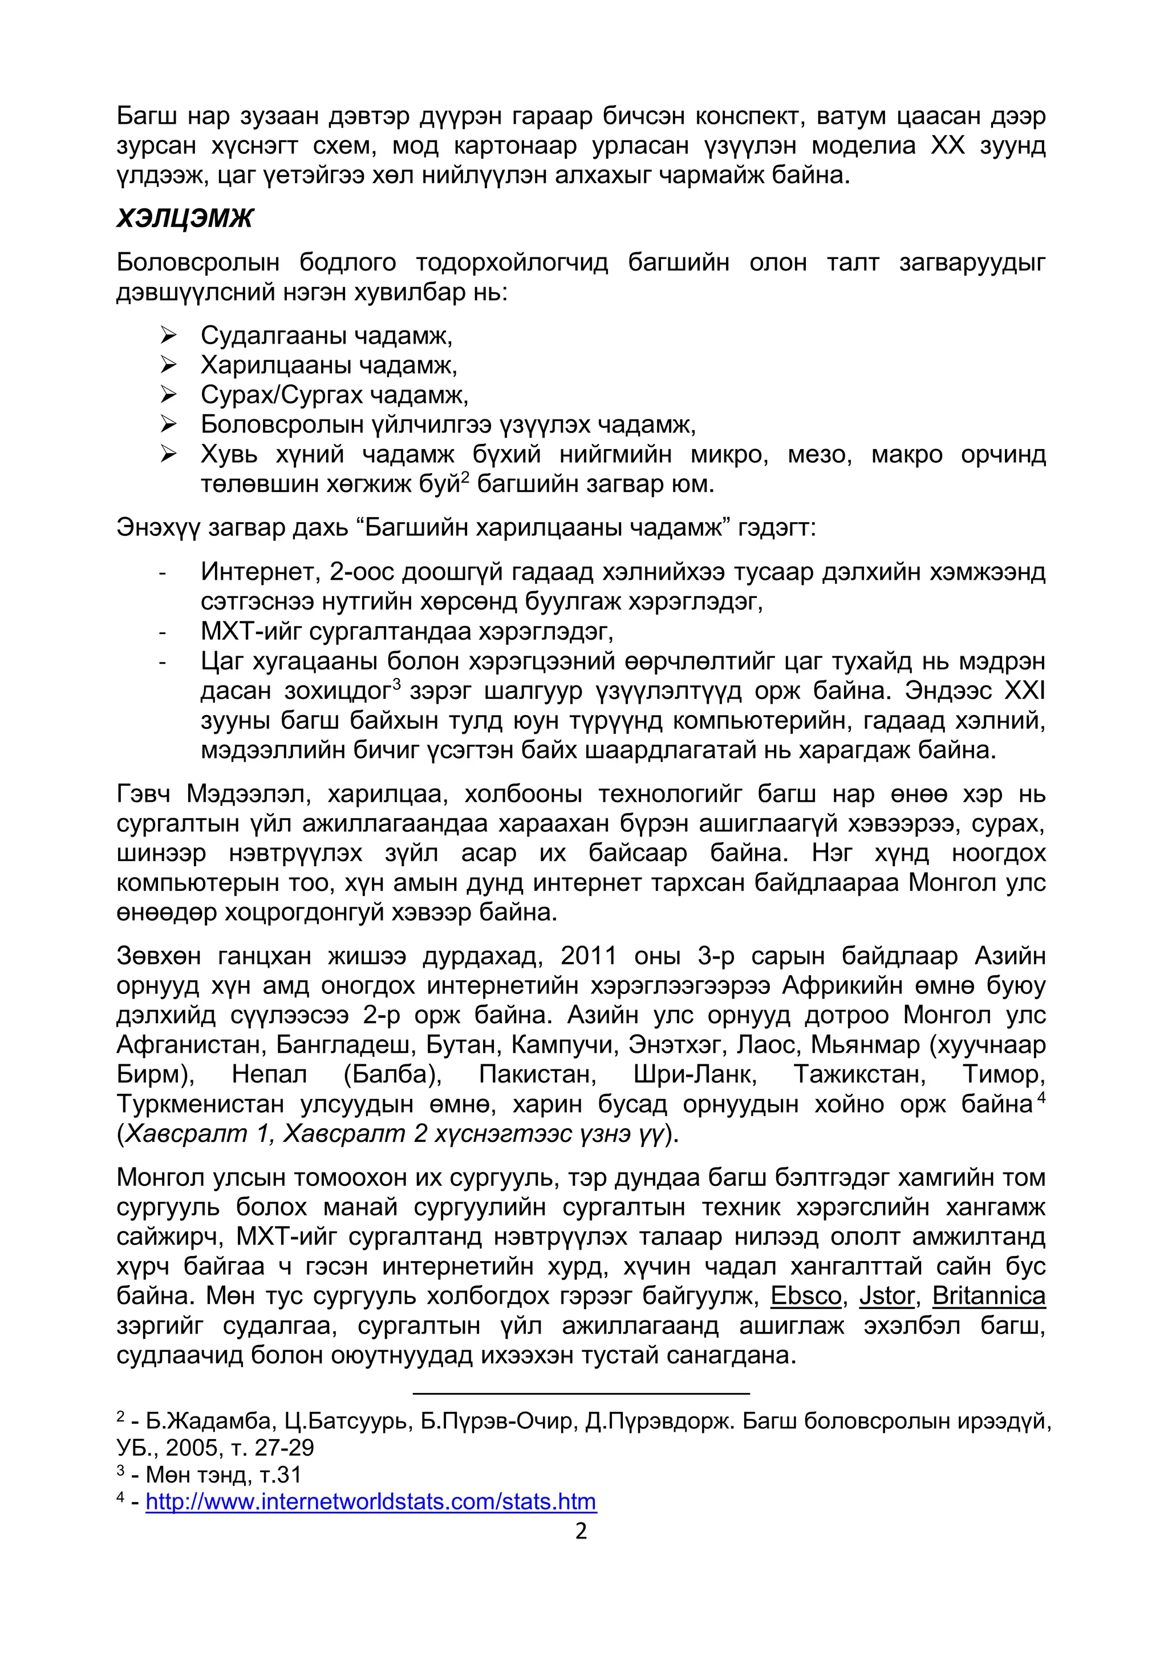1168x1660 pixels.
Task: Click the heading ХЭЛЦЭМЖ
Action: [185, 219]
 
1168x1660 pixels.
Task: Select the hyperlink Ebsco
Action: [806, 1295]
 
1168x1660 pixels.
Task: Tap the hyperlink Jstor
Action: [887, 1295]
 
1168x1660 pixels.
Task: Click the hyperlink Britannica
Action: [989, 1295]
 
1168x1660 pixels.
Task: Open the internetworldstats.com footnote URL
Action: [371, 1502]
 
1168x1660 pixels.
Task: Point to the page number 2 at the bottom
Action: [581, 1531]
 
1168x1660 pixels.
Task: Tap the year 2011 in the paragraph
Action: [589, 956]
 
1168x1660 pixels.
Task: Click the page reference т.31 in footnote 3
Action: [281, 1475]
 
